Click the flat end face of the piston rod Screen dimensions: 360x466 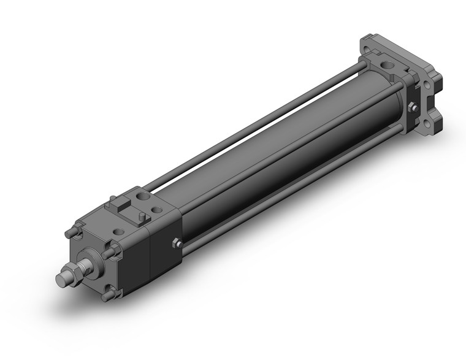(x=61, y=279)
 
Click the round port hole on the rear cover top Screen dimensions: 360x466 (x=386, y=63)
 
